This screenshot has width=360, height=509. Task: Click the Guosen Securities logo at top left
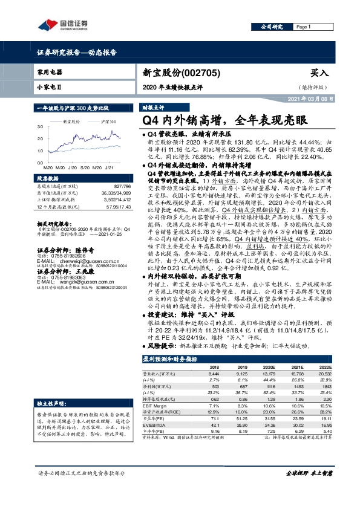[x=63, y=24]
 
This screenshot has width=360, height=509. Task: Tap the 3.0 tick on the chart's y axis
[x=41, y=127]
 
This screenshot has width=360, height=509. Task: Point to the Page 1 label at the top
[x=303, y=27]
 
